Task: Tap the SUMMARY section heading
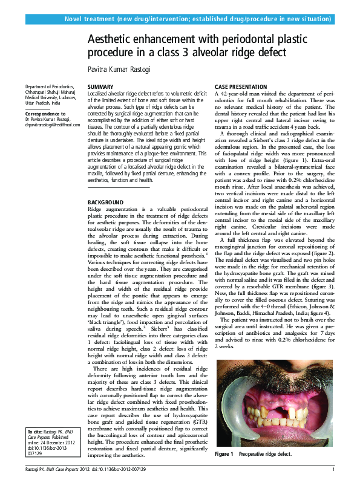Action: pyautogui.click(x=100, y=88)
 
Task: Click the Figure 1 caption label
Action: pyautogui.click(x=224, y=453)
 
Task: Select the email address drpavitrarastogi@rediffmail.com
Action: pyautogui.click(x=52, y=125)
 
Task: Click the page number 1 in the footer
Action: pyautogui.click(x=333, y=470)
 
